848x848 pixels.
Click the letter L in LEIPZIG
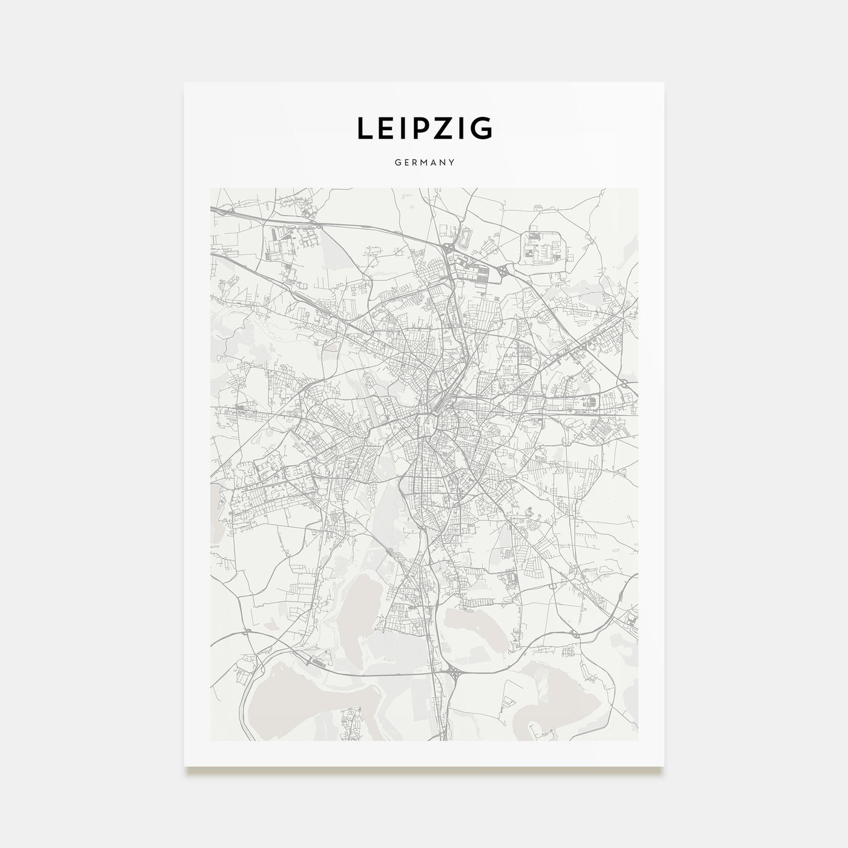click(x=365, y=128)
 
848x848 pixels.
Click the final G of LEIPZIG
click(x=482, y=128)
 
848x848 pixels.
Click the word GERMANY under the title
click(x=424, y=162)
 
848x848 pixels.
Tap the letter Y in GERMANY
click(x=452, y=162)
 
